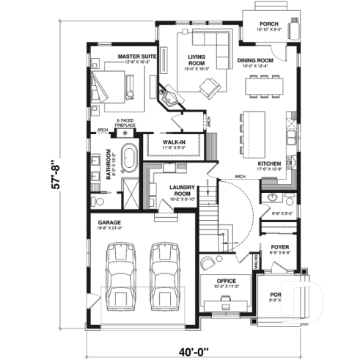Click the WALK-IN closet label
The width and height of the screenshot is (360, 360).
173,144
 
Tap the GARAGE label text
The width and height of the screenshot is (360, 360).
110,221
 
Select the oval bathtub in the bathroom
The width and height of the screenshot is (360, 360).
130,158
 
